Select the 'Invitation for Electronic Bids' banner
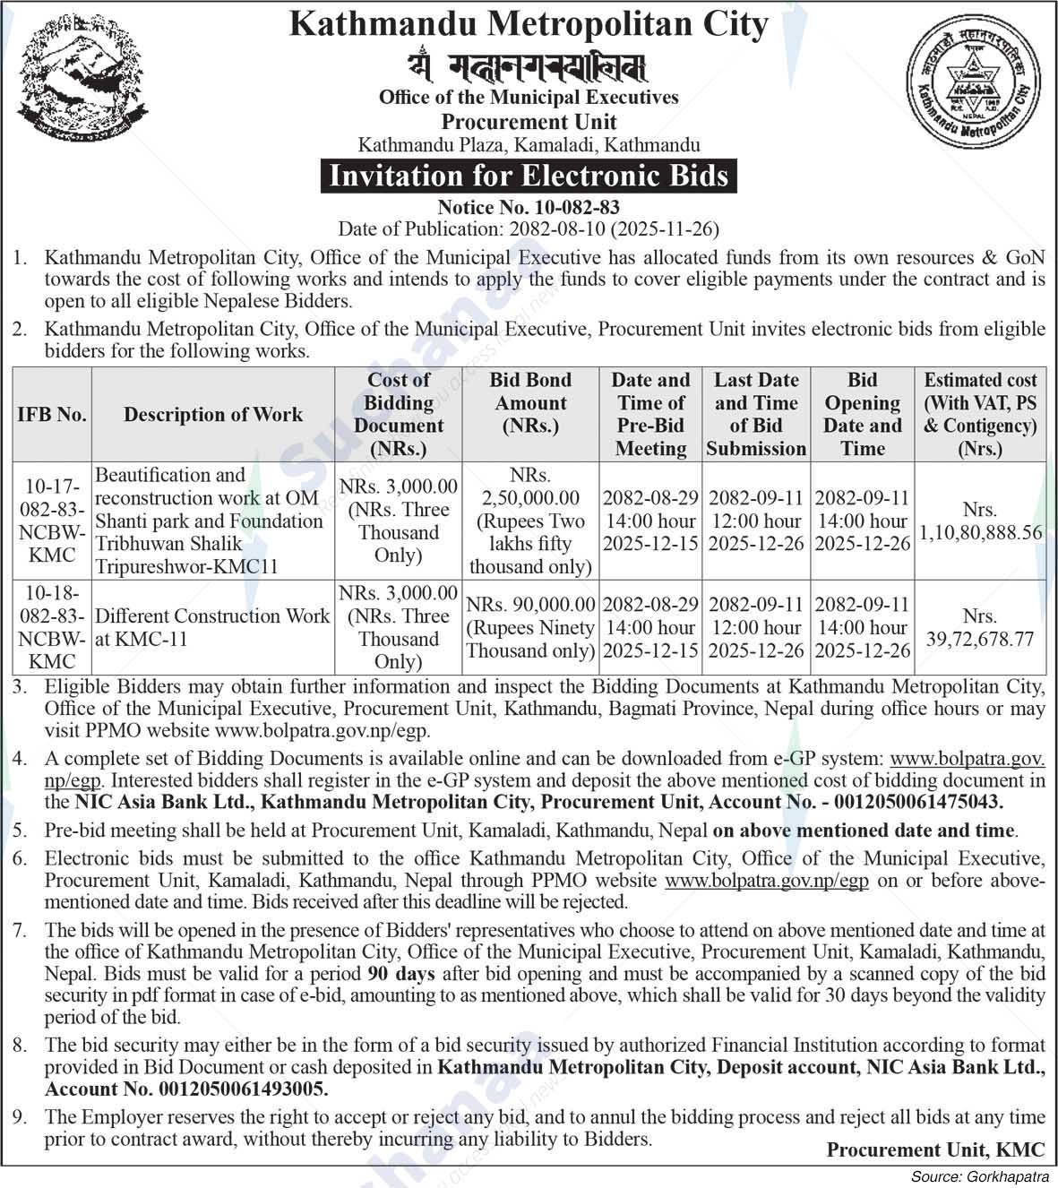(x=529, y=175)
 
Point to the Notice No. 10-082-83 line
(x=529, y=208)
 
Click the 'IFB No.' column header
(x=52, y=415)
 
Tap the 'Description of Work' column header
(x=213, y=415)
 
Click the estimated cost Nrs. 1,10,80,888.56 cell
(x=980, y=521)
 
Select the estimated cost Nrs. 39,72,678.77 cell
(x=980, y=628)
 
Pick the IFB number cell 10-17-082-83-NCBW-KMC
(x=52, y=521)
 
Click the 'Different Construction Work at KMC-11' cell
(x=212, y=627)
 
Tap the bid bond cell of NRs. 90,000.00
(x=530, y=628)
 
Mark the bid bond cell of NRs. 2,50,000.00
(x=530, y=521)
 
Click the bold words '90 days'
(x=400, y=974)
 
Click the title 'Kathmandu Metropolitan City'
(x=529, y=24)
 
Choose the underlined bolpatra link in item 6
(x=766, y=881)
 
